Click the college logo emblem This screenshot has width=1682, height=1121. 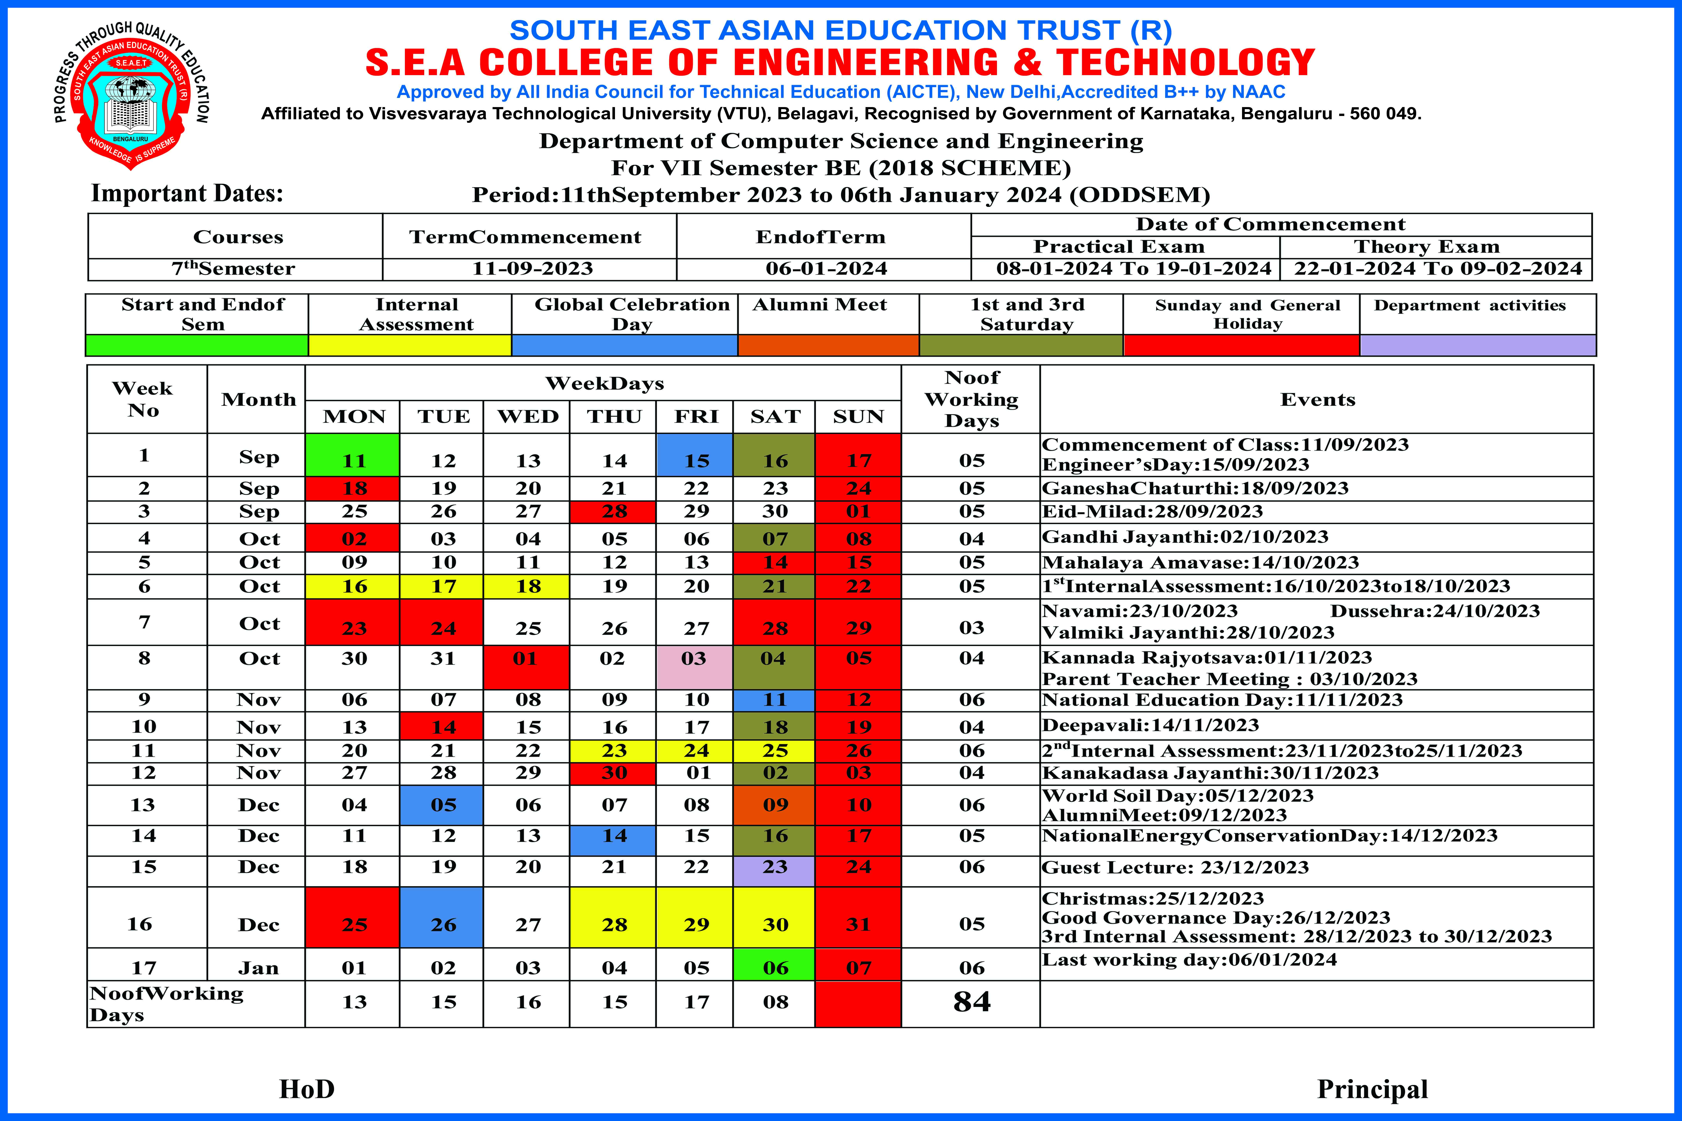pos(131,97)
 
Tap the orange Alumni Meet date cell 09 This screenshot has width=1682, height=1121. pos(774,805)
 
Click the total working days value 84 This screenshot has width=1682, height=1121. pos(971,1002)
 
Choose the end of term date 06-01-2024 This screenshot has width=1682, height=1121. pos(826,269)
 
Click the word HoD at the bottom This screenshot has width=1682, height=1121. pos(307,1089)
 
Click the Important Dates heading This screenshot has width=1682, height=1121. pos(187,194)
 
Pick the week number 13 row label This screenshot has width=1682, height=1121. pos(143,805)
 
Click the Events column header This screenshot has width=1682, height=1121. pos(1317,400)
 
